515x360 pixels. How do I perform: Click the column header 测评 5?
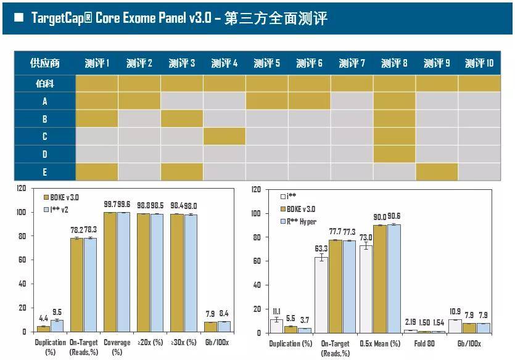tap(266, 63)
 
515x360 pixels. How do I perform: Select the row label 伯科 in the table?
tap(44, 83)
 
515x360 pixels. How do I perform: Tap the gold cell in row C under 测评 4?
tap(225, 136)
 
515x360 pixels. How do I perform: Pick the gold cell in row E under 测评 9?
tap(436, 171)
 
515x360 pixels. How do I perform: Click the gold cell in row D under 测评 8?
tap(394, 154)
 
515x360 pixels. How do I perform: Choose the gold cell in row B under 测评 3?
tap(182, 118)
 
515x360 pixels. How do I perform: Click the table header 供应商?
tap(44, 63)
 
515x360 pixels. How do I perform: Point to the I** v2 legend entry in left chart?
tap(57, 210)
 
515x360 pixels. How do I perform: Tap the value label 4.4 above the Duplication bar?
tap(43, 319)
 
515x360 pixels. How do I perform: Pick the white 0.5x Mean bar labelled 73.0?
tap(366, 289)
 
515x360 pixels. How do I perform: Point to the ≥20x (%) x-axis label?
tap(150, 342)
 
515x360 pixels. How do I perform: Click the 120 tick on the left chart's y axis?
tap(22, 188)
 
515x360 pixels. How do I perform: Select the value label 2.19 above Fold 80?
tap(409, 322)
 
